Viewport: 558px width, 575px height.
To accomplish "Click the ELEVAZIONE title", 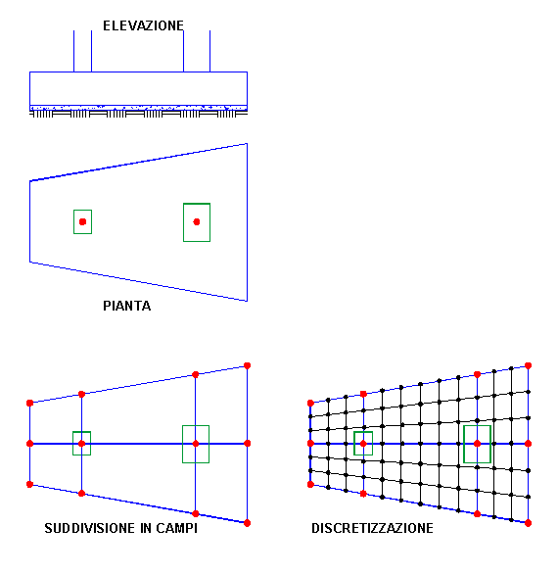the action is (143, 25).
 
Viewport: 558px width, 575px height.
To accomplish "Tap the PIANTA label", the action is (126, 306).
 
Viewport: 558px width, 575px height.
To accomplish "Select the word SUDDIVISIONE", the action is (90, 528).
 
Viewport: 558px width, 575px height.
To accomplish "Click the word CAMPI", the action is (176, 528).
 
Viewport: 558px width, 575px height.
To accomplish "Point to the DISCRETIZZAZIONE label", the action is (372, 528).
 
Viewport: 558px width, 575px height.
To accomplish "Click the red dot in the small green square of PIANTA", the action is (83, 221).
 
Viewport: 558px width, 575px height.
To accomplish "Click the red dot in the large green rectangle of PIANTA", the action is (197, 221).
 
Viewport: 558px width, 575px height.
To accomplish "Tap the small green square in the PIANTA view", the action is (74, 221).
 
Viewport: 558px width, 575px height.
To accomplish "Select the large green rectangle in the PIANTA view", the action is (184, 222).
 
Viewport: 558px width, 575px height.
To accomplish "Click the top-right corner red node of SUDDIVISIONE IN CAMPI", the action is (248, 365).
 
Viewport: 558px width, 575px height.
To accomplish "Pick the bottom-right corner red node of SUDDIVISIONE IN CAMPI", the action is (248, 523).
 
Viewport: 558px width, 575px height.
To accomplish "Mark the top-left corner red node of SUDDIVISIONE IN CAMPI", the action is (30, 403).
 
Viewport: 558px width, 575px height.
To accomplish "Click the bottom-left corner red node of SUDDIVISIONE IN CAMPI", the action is (30, 485).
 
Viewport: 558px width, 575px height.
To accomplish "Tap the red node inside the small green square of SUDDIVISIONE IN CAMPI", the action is (81, 444).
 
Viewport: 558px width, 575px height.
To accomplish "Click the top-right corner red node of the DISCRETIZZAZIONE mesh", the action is (528, 365).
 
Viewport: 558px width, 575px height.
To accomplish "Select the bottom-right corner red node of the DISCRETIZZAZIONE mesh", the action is (528, 523).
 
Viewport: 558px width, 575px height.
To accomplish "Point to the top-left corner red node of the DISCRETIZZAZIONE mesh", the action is (310, 403).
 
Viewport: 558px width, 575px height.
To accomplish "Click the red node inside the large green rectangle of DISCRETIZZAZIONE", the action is (477, 444).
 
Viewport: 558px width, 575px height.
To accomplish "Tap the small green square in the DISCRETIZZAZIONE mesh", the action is (354, 444).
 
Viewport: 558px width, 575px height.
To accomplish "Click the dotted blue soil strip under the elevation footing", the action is (138, 108).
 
